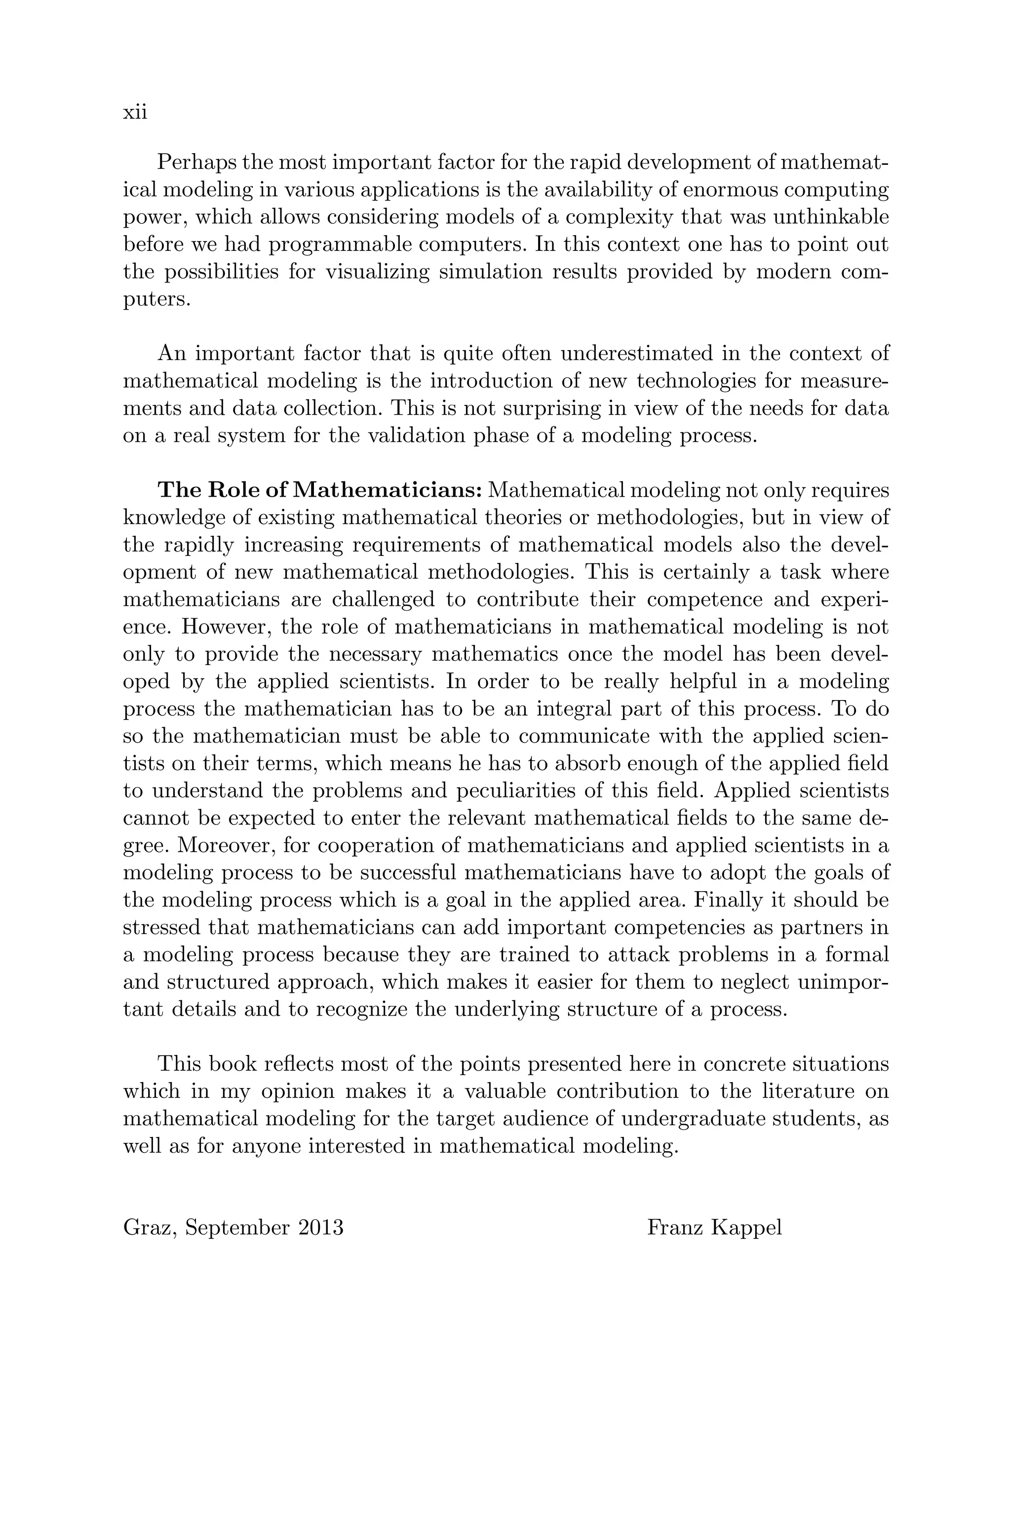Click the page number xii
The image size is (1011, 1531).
pyautogui.click(x=135, y=112)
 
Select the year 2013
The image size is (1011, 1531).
pyautogui.click(x=320, y=1227)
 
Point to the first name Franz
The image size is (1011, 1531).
pyautogui.click(x=675, y=1227)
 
